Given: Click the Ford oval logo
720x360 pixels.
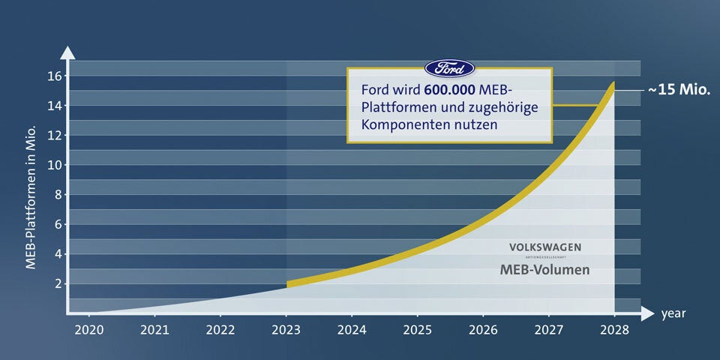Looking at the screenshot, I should coord(449,68).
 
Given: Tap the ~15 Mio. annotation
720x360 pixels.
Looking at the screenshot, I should coord(679,90).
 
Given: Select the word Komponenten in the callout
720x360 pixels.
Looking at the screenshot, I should coord(403,124).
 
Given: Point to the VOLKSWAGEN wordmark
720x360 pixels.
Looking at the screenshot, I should coord(545,247).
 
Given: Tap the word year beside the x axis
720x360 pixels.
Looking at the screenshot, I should coord(673,313).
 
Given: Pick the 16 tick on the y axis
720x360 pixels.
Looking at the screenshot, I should coord(53,75).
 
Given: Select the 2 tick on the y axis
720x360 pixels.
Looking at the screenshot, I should coord(57,283).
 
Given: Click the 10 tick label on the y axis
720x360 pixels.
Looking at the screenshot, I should coord(53,164).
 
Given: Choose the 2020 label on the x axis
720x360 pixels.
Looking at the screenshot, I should coord(88,329).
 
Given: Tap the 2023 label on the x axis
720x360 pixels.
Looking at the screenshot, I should coord(286,329).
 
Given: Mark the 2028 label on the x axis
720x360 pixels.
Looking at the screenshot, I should coord(615,329).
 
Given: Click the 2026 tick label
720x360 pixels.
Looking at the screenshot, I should coord(484,329).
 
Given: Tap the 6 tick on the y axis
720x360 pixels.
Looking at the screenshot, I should coord(57,224).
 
